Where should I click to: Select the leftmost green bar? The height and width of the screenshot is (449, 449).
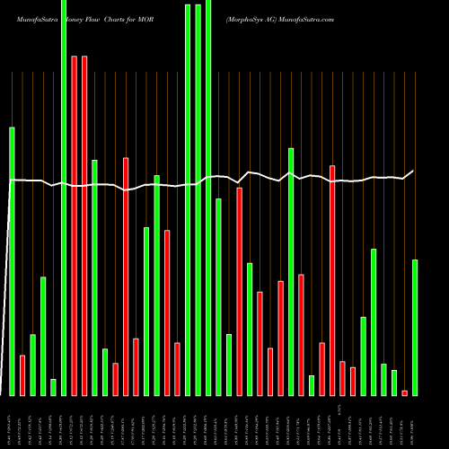(12, 260)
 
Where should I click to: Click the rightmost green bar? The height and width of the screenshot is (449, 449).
(415, 327)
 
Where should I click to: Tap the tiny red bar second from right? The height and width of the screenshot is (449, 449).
(405, 392)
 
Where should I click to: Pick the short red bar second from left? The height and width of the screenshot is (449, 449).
(22, 374)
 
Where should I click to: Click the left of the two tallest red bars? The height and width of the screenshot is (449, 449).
(74, 224)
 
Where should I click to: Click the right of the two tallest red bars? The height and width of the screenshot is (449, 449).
(84, 224)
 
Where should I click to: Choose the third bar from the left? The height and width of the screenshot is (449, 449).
(32, 365)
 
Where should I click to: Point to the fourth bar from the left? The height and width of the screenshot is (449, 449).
(43, 336)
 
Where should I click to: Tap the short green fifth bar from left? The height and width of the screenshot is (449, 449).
(53, 387)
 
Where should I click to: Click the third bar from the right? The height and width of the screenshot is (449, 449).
(394, 383)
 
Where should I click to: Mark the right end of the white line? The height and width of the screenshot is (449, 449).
(414, 171)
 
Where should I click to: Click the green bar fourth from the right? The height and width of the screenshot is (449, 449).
(384, 379)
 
